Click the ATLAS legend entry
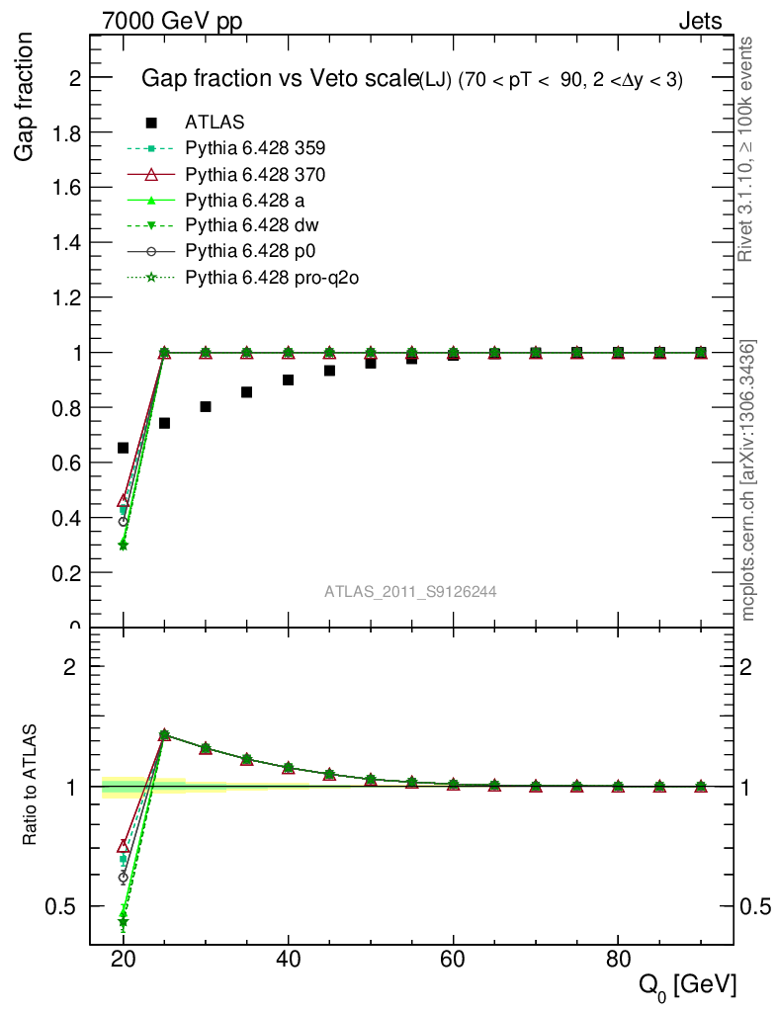coord(215,123)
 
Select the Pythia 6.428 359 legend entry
coord(255,148)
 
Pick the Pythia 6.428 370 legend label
coord(255,174)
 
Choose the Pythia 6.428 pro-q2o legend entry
coord(271,279)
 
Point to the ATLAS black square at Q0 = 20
coord(124,448)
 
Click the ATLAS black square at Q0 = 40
coord(288,379)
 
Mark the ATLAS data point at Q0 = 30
coord(206,406)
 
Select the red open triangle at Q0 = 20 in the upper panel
coord(124,501)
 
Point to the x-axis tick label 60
coord(453,960)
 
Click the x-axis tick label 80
coord(618,960)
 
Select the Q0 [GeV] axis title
coord(688,985)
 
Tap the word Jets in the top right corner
coord(700,21)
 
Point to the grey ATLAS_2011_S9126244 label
coord(410,592)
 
